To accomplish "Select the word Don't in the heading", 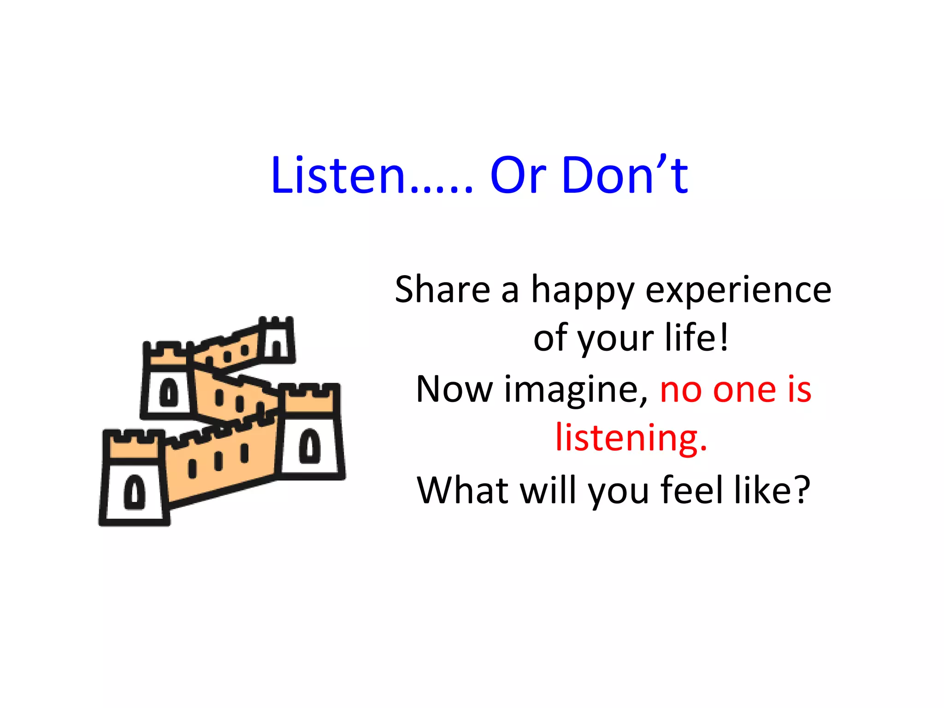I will point(625,176).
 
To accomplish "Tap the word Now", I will point(454,389).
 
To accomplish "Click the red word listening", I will point(631,438).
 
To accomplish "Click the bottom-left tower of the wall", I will point(134,479).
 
